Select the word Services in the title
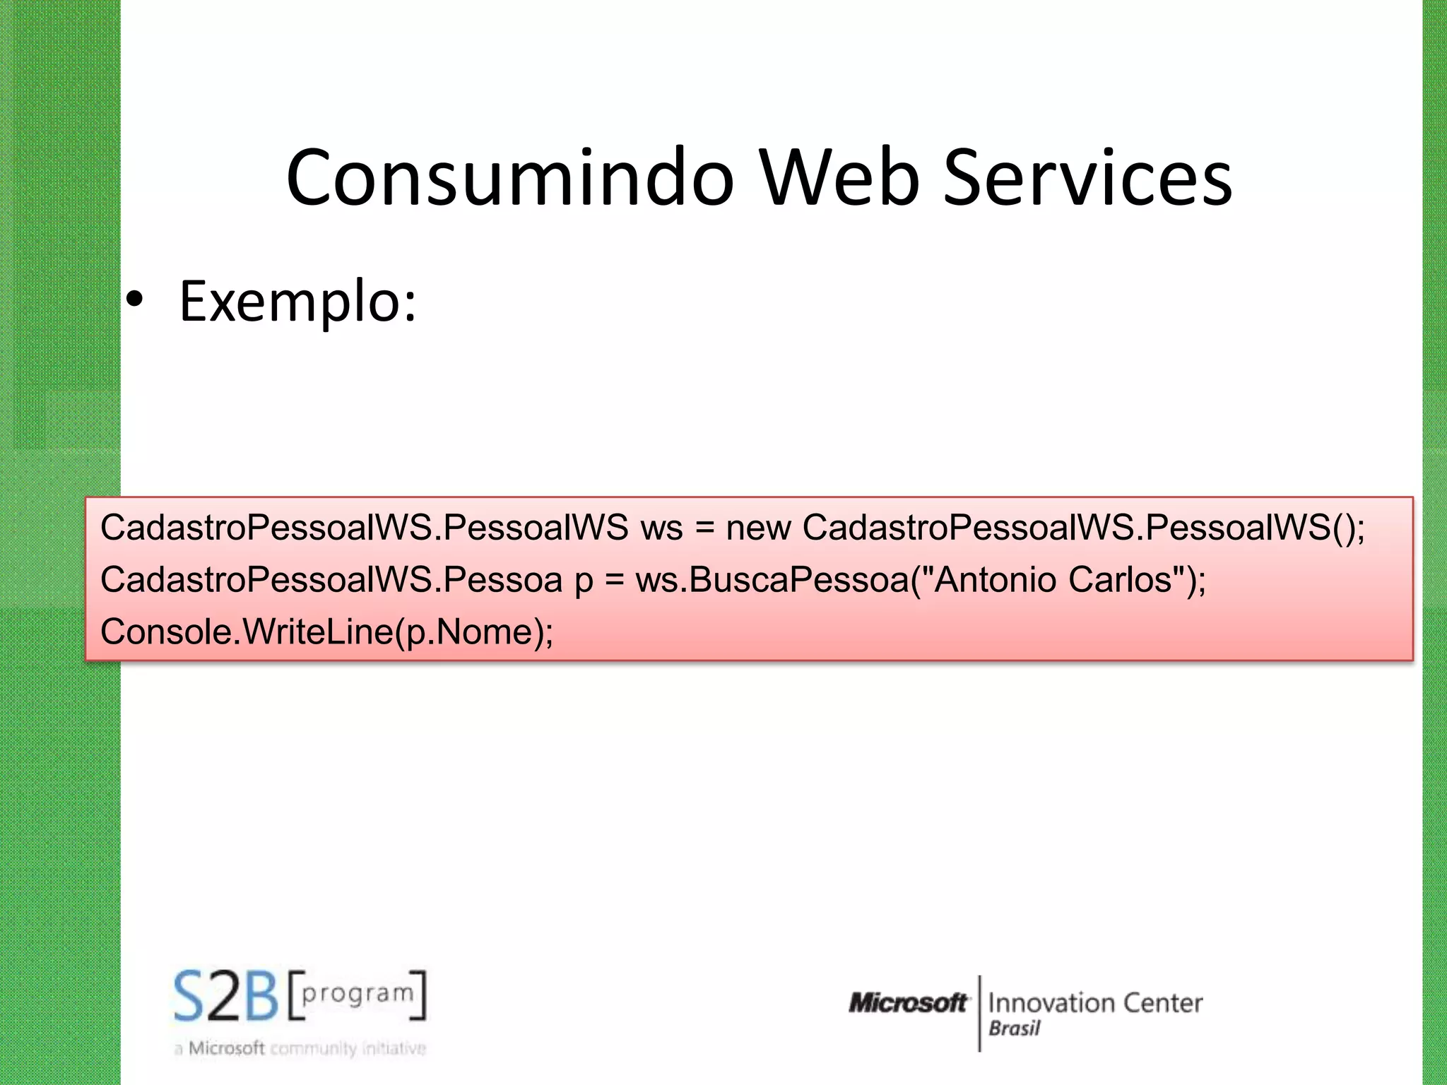(x=1087, y=178)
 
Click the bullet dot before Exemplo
(x=134, y=301)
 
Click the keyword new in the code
(x=758, y=528)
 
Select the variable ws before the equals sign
(x=661, y=528)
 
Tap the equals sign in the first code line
(x=704, y=528)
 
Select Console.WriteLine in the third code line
(x=247, y=632)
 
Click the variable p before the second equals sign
(x=584, y=581)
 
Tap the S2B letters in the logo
(x=227, y=997)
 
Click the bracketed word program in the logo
(x=358, y=993)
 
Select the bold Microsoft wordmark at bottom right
(x=908, y=1002)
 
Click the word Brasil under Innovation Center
(x=1014, y=1028)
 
